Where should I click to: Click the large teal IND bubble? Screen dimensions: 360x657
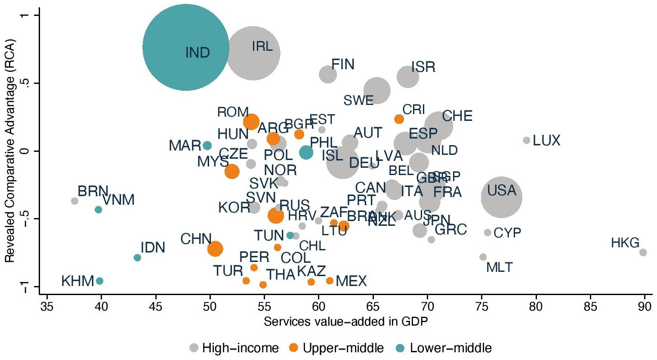[185, 47]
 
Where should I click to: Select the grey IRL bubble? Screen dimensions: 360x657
[253, 53]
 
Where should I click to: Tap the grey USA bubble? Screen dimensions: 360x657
[501, 197]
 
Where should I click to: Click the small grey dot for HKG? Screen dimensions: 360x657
[643, 252]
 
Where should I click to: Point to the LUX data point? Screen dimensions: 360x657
[526, 140]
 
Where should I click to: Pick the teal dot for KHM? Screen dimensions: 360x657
[99, 281]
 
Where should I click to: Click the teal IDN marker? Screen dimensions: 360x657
[137, 258]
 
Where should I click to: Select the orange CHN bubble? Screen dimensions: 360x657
[215, 248]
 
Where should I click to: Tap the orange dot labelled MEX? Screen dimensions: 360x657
[330, 281]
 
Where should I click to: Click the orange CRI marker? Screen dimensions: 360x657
[399, 119]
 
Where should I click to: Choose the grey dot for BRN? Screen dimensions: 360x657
[74, 201]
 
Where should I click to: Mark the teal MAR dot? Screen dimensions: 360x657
[207, 145]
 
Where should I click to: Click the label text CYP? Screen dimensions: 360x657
[507, 233]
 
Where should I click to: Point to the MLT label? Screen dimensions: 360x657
[499, 268]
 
